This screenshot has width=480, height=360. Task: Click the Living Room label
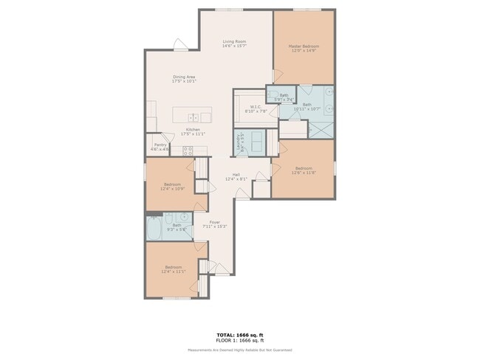(x=234, y=41)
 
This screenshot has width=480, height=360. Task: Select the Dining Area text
(x=184, y=77)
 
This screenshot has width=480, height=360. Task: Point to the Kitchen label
(x=193, y=129)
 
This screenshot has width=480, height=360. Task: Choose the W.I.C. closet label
(x=256, y=106)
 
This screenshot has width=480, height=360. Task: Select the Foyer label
(x=214, y=222)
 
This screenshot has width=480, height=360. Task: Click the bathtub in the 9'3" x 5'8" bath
(x=154, y=229)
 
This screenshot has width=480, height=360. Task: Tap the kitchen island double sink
(x=193, y=117)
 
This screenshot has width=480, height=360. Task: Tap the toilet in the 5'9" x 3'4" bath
(x=272, y=94)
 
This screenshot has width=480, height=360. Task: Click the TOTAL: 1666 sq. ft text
(x=239, y=335)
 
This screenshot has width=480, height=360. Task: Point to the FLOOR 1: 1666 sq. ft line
(x=239, y=340)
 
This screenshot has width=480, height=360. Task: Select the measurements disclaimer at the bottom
(x=239, y=350)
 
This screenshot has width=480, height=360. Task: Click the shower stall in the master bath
(x=320, y=127)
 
